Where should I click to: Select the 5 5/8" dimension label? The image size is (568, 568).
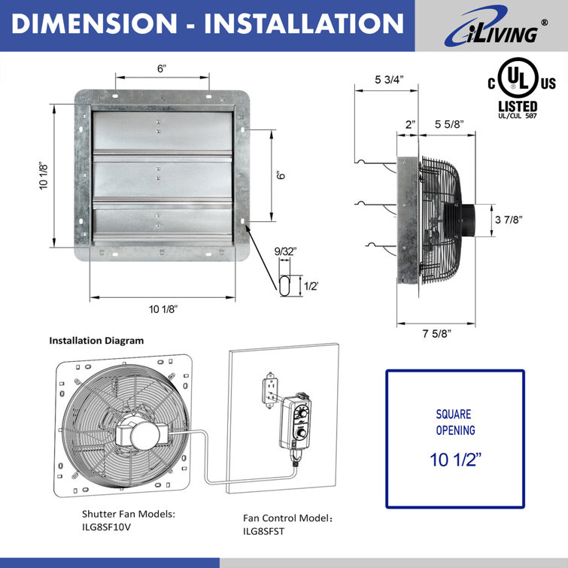[x=448, y=125]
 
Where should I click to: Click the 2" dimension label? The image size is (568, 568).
[x=409, y=125]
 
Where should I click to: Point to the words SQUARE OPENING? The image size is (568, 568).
[x=455, y=422]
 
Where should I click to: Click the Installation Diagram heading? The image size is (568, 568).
[x=96, y=340]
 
